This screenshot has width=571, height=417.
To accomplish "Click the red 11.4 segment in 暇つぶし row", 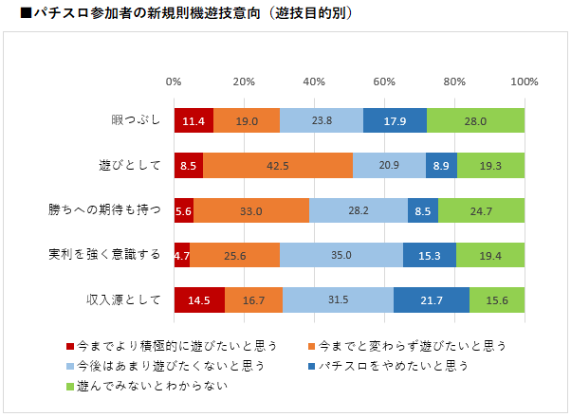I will point(193,121).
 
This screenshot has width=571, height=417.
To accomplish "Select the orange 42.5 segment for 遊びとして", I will point(278,166).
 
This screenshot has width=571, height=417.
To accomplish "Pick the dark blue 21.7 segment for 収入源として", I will point(432,299).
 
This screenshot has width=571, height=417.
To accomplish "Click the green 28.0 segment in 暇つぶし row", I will point(475,121).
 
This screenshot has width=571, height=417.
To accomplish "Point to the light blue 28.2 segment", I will point(359,210).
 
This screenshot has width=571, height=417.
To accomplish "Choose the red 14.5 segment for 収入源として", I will point(199,299).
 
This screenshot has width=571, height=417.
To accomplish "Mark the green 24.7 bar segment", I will point(481,210).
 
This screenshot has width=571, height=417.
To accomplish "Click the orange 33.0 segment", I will point(251,210).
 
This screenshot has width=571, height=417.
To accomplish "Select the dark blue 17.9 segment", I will point(396,121).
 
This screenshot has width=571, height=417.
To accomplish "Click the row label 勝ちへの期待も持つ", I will point(112,210).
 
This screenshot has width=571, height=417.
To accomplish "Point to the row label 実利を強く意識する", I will point(112,255).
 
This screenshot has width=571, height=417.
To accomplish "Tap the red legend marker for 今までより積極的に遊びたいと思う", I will point(70,345).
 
